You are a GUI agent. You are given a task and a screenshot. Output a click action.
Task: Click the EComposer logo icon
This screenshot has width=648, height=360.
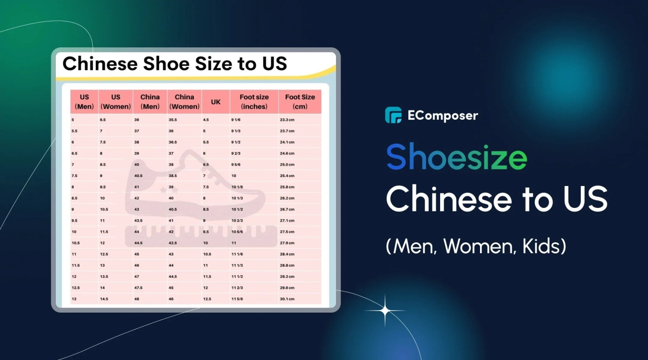pos(393,115)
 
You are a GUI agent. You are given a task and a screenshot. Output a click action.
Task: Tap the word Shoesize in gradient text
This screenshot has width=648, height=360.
pos(457,157)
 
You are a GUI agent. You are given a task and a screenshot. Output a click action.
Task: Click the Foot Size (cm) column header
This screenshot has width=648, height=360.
pos(300,102)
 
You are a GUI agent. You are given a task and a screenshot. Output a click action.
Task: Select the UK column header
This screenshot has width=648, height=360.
pos(215,102)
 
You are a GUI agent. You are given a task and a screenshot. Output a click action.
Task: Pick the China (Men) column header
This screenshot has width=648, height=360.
pos(150,102)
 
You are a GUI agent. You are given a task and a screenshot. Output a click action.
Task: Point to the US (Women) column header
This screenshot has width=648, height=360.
pos(116,102)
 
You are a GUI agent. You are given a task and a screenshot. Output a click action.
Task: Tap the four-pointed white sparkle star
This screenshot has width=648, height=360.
pos(385,311)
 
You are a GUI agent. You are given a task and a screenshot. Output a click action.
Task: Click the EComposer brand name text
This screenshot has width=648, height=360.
pos(443,116)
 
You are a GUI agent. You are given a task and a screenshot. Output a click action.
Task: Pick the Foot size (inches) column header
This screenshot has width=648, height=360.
pos(254,102)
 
